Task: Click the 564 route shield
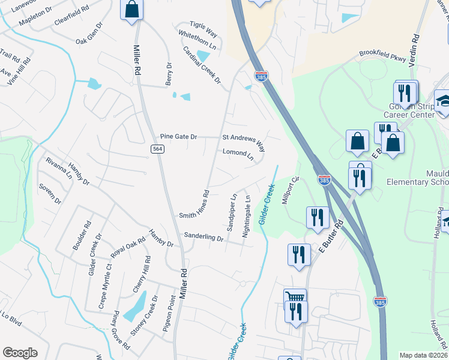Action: coord(157,149)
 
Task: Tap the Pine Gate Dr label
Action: coord(178,137)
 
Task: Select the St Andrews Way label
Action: coord(244,142)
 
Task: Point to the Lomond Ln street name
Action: coord(238,154)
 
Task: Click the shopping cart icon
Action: coord(295,298)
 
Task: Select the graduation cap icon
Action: coord(444,100)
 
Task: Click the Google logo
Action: coord(20,353)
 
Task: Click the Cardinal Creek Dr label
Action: coord(202,65)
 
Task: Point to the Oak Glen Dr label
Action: coord(89,32)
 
